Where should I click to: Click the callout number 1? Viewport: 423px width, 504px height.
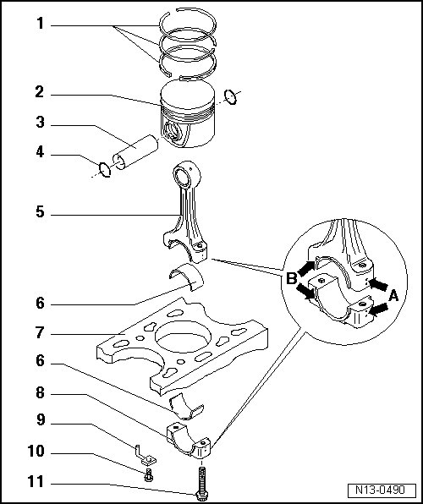coord(41,24)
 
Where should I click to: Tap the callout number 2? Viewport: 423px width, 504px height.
coord(40,92)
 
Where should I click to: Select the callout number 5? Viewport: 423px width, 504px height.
coord(40,212)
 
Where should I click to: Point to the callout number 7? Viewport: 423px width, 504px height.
coord(40,332)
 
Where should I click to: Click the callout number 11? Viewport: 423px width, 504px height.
coord(36,482)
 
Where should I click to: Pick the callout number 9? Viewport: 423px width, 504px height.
coord(41,420)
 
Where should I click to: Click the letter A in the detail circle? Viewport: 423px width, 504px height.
coord(393,296)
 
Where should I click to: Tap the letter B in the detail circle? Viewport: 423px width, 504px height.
coord(291,278)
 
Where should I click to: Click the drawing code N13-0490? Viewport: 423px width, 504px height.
coord(380,490)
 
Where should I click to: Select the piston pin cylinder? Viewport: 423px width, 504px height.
coord(135,152)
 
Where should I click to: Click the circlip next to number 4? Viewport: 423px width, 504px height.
coord(105,169)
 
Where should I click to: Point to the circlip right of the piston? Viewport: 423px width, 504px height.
coord(231,96)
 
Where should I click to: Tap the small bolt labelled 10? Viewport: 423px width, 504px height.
coord(148,475)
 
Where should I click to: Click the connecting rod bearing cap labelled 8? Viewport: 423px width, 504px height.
coord(189,441)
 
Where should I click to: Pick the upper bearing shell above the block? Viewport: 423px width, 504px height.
coord(187,277)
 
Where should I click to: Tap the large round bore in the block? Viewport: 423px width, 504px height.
coord(183,337)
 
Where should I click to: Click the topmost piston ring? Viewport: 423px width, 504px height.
coord(188,25)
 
